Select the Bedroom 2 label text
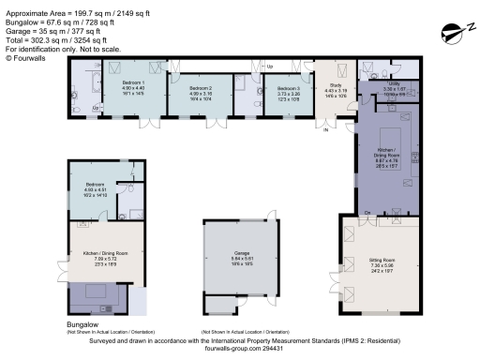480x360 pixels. tap(202, 88)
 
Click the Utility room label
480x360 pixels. tap(393, 83)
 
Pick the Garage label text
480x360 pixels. tap(242, 252)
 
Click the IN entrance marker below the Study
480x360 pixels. tap(326, 131)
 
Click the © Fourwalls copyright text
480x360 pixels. tap(25, 58)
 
